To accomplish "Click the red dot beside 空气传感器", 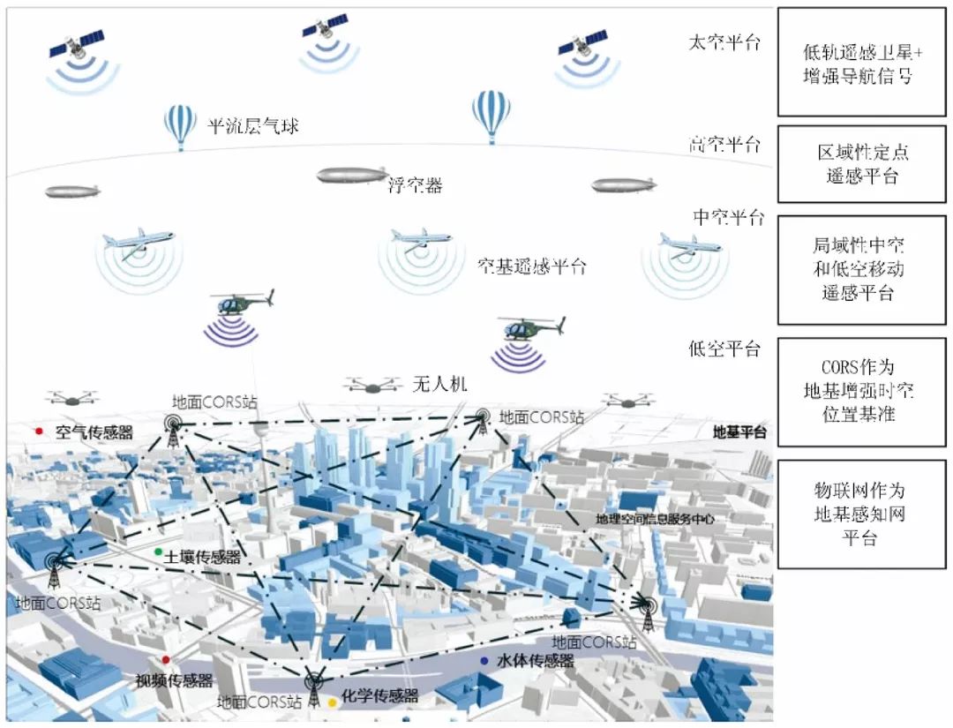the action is [39, 432].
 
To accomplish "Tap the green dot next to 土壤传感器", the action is [158, 552].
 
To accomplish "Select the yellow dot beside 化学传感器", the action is [333, 702].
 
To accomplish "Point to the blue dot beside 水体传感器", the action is [484, 661].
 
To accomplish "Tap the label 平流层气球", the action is [252, 126].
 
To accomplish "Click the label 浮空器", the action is [415, 185].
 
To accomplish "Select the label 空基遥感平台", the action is [531, 266].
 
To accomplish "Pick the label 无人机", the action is [439, 385].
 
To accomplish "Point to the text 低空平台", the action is [724, 349].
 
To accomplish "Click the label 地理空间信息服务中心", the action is [655, 520].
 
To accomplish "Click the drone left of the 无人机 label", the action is [371, 385].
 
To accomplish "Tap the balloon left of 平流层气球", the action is [180, 126].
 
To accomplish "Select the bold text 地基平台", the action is [739, 432].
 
